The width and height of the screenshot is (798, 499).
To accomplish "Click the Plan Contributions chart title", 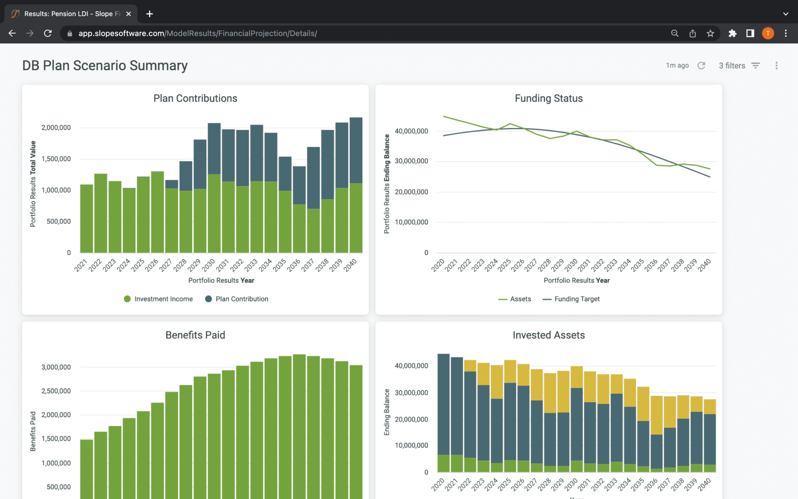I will click(195, 98).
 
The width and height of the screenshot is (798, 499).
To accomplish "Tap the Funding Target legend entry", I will click(571, 299).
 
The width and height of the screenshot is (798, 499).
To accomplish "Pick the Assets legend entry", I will click(515, 299).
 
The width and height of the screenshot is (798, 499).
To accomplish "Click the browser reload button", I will click(48, 34).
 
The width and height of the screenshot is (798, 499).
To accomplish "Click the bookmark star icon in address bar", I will click(710, 34).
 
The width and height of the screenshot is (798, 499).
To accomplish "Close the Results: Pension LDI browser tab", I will click(129, 14).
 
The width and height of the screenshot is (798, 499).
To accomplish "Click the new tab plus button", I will click(150, 14).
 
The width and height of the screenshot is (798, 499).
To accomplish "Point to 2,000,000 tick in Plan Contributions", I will click(56, 127).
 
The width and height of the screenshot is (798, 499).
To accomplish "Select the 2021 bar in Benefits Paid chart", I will click(87, 468).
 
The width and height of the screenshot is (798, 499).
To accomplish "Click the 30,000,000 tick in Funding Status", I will click(411, 161).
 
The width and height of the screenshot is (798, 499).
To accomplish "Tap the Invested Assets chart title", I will click(549, 335).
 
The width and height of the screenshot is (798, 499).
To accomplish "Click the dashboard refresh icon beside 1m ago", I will click(701, 65).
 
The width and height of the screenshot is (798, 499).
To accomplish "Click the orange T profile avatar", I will click(768, 34).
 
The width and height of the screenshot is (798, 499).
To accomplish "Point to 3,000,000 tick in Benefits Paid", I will click(56, 367).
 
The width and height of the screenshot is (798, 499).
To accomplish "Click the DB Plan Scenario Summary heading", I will click(105, 65).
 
